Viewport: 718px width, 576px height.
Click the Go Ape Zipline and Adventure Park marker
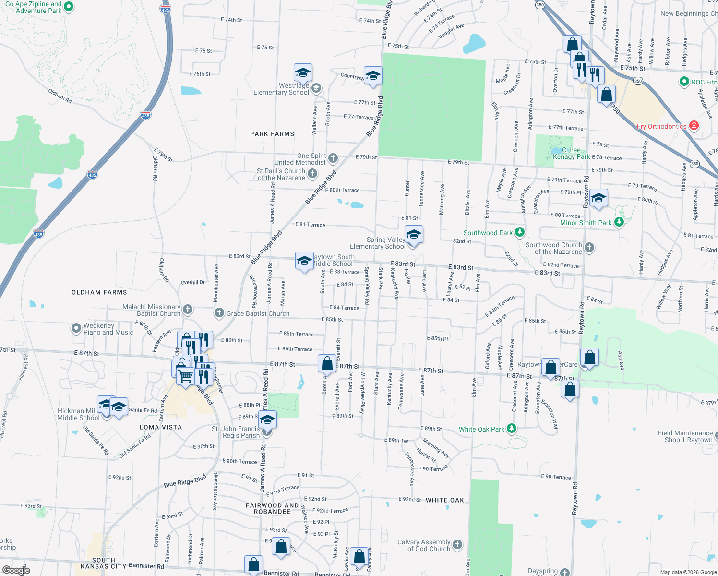69,7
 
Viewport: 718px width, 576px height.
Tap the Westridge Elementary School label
281,89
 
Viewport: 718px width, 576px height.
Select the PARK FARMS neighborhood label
272,134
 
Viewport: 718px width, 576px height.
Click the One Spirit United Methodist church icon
333,158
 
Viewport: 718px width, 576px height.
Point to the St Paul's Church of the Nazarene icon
312,173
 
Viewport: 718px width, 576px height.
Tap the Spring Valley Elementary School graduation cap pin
413,235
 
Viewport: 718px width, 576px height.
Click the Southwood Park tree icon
519,232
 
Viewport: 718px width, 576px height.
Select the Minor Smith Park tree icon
619,222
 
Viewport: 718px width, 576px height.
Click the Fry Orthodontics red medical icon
694,126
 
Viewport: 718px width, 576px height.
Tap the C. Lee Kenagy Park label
571,154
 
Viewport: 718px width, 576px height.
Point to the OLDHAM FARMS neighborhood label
99,292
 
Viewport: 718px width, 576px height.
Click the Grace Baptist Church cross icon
219,313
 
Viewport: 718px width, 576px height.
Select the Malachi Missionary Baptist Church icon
188,310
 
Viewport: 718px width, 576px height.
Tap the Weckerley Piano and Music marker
76,328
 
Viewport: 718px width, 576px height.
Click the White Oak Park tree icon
512,428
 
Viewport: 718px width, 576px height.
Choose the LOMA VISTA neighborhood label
161,427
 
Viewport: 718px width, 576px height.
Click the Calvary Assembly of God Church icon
457,544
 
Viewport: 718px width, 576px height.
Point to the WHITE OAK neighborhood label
445,500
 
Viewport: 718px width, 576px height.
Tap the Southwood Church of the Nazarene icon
589,248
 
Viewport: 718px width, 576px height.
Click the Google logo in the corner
16,570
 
